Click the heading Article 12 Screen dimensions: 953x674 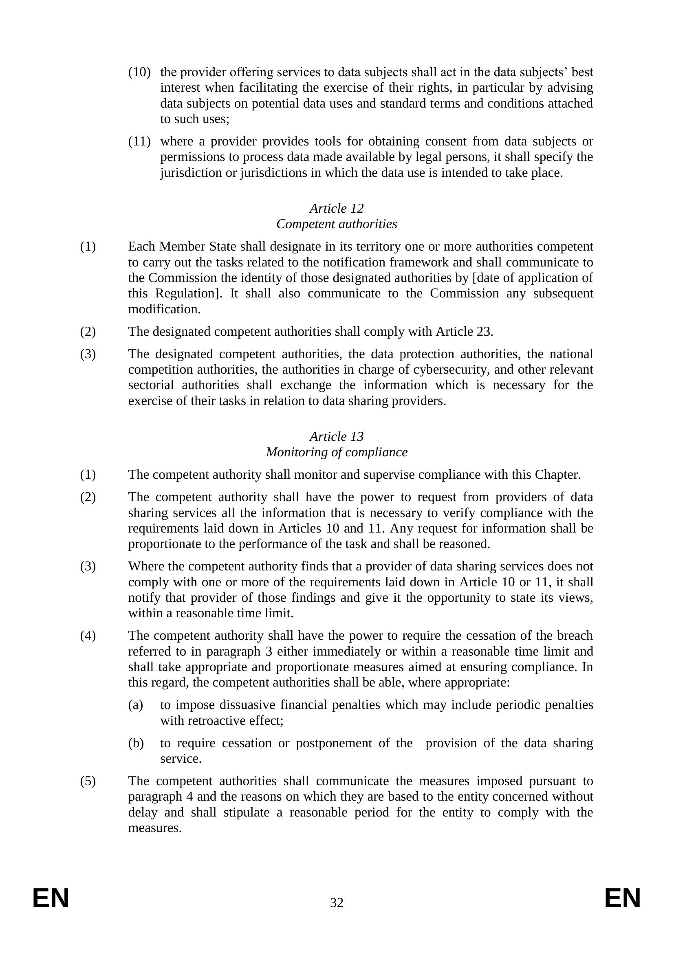337,208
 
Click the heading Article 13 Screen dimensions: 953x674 337,436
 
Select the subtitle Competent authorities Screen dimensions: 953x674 337,224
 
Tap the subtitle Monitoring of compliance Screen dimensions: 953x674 337,452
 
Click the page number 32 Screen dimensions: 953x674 337,902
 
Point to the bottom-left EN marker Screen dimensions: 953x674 51,899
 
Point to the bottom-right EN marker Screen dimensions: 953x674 623,899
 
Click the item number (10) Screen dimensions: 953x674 139,72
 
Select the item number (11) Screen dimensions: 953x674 139,141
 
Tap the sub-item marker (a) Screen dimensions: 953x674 136,705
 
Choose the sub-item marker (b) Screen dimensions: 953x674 136,743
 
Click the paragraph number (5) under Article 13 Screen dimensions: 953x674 88,781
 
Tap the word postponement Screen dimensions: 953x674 334,743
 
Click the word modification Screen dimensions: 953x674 164,309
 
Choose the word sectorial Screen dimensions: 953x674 151,385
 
